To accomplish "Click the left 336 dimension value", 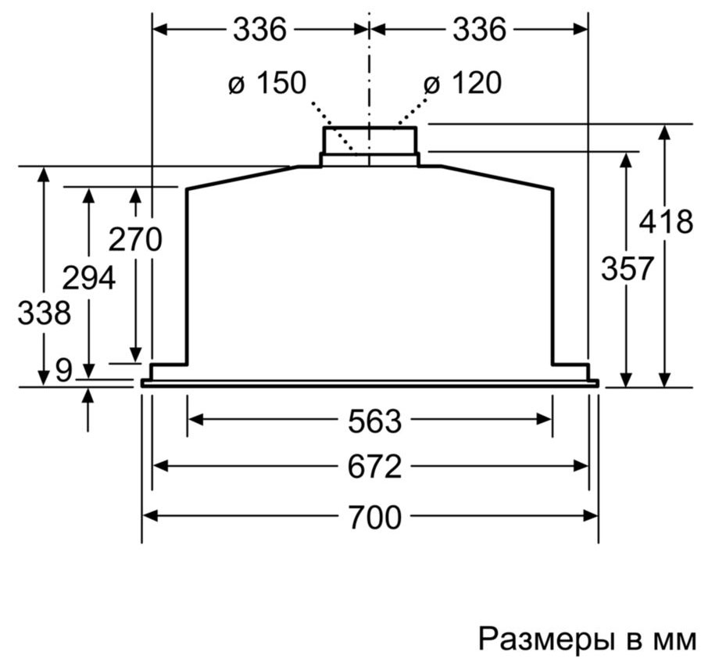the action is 259,30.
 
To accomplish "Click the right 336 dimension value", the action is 479,30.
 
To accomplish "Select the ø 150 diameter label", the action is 267,83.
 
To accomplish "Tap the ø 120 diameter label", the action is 463,83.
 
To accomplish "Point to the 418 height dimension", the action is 666,221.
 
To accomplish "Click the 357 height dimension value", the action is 628,268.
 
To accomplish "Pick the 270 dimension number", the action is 135,239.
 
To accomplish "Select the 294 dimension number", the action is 88,278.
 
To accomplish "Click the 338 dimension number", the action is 44,313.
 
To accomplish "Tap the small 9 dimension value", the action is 63,371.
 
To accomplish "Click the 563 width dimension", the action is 374,421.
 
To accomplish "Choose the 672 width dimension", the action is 374,467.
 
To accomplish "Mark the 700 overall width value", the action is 374,518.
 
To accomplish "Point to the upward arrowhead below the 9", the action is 88,396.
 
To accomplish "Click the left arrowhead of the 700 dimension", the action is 150,515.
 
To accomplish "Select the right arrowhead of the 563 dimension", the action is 544,420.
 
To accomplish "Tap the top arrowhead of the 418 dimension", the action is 664,132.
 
